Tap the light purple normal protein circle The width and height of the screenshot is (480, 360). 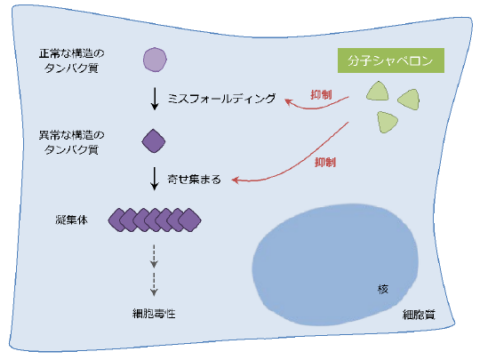pyautogui.click(x=155, y=61)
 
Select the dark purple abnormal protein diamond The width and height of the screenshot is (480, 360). pyautogui.click(x=155, y=141)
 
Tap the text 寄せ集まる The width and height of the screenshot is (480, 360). pyautogui.click(x=195, y=181)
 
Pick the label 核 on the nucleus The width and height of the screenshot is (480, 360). pyautogui.click(x=382, y=290)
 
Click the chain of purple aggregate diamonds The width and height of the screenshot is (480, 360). pyautogui.click(x=155, y=219)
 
